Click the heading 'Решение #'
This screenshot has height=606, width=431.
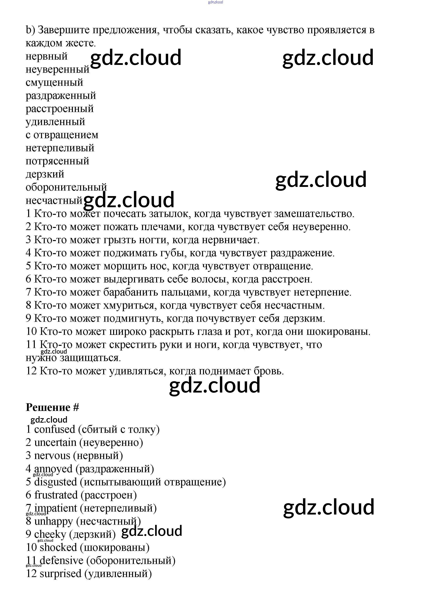[x=52, y=407]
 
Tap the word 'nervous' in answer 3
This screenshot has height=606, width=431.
[x=52, y=456]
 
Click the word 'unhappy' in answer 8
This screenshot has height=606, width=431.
[x=53, y=521]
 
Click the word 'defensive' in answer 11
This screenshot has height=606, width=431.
[x=62, y=561]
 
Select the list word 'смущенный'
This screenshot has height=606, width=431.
[x=54, y=82]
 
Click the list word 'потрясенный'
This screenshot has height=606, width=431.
[x=57, y=161]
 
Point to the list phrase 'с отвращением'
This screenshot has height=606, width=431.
[x=62, y=135]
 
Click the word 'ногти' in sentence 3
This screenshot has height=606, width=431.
[x=156, y=240]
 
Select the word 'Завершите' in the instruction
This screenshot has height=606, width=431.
[x=64, y=30]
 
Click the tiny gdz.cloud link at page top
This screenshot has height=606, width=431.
[x=215, y=2]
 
